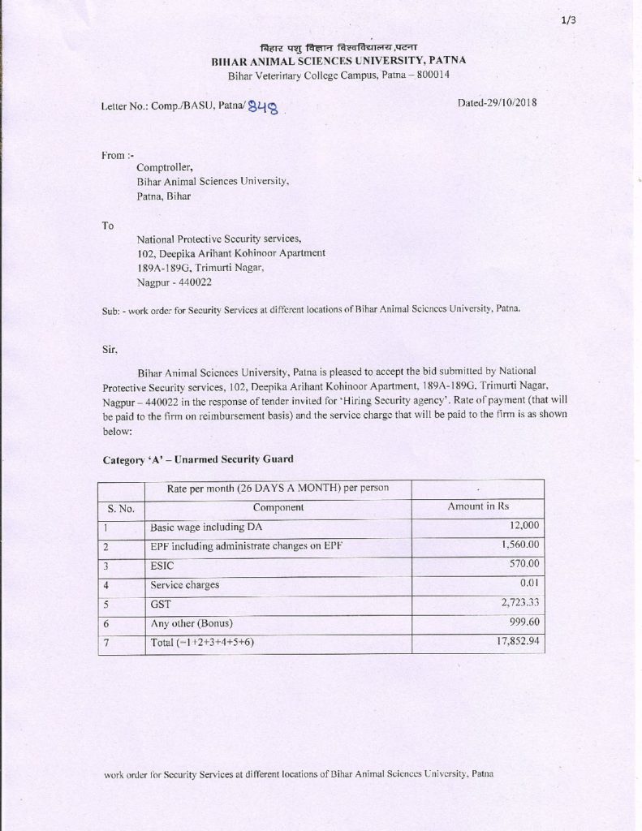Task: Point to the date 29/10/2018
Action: click(x=498, y=102)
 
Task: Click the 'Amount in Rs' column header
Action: click(x=479, y=507)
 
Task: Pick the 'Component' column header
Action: click(x=278, y=507)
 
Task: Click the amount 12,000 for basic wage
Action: click(x=520, y=527)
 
